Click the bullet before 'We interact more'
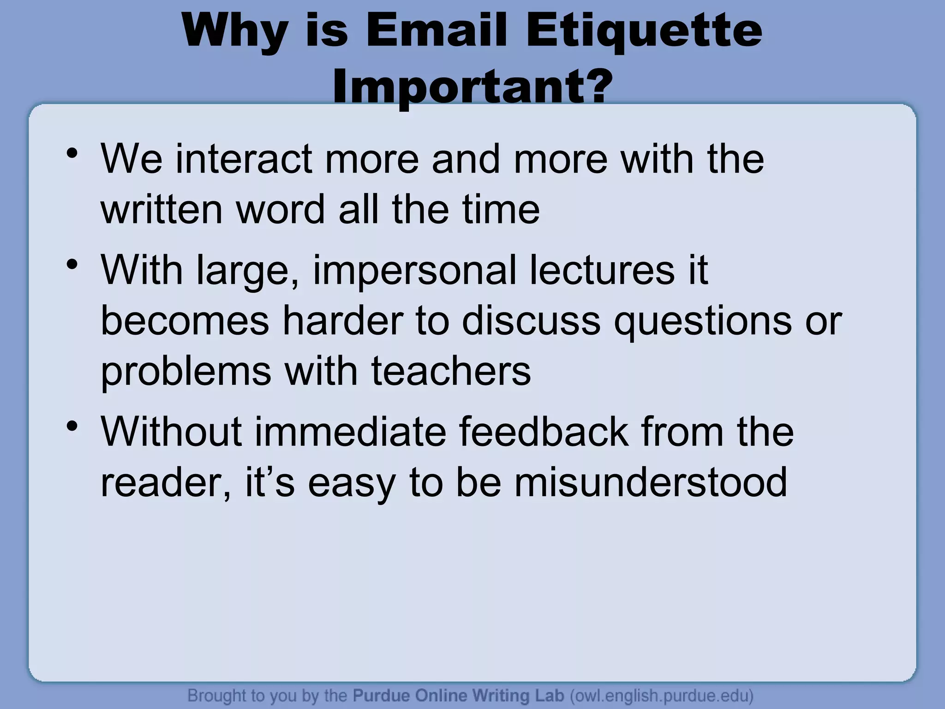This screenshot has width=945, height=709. (72, 153)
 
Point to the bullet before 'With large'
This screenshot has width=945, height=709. (72, 264)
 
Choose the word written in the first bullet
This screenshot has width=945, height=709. (161, 210)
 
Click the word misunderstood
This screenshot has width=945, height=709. (651, 482)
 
